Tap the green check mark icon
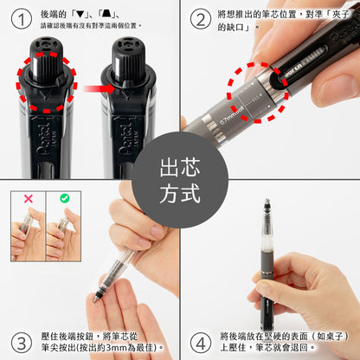63,198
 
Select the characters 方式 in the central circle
180,194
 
